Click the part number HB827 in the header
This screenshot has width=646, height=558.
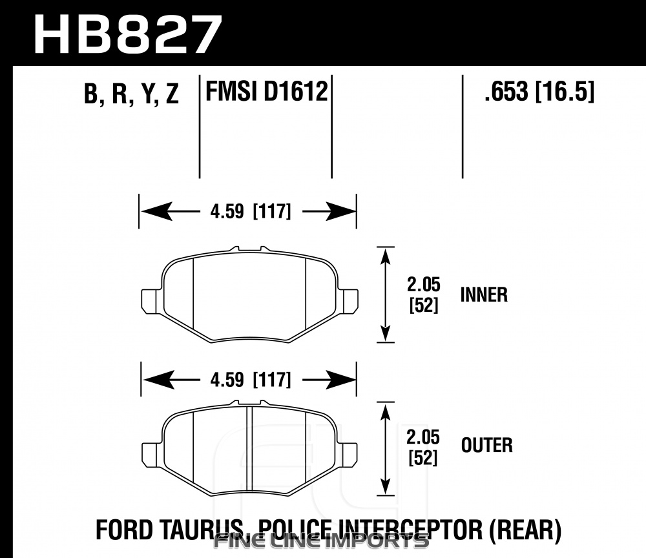(x=129, y=35)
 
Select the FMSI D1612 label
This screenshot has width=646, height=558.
(x=267, y=91)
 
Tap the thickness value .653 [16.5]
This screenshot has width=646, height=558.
(x=539, y=91)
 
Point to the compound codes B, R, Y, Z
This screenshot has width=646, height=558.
(x=131, y=94)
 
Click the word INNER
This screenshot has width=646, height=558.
(x=484, y=295)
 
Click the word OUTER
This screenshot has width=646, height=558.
(x=486, y=445)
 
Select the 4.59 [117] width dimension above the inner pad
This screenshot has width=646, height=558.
(x=251, y=212)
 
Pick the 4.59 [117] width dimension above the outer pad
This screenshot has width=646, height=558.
(x=251, y=380)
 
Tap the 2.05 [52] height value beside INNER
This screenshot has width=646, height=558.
(x=424, y=295)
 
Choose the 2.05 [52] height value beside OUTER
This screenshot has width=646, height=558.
(x=423, y=448)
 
